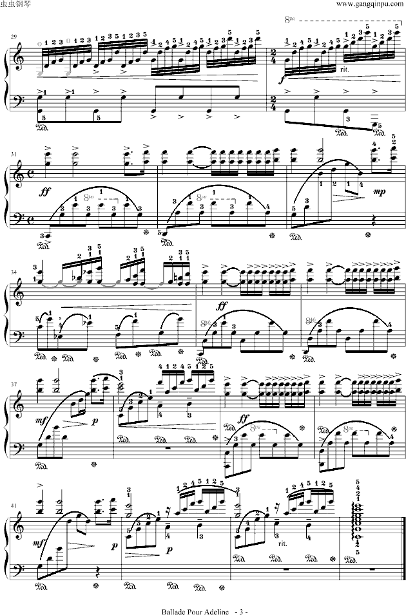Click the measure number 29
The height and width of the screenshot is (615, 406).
[14, 37]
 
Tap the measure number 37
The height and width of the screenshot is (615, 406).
[14, 384]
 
